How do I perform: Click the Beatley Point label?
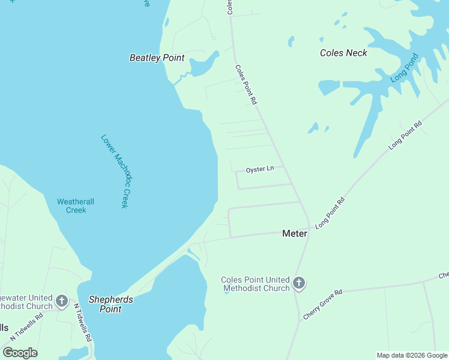(x=157, y=58)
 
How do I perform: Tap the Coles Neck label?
(x=343, y=53)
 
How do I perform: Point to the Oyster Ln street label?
(x=260, y=169)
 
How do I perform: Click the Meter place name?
(x=295, y=233)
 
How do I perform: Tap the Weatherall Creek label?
(x=76, y=206)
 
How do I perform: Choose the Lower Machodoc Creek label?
(x=115, y=171)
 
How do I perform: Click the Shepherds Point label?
(x=111, y=304)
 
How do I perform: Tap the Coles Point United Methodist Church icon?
(x=299, y=283)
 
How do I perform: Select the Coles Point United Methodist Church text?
(x=255, y=284)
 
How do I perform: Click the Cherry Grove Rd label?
(x=322, y=304)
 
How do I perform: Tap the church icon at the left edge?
(x=61, y=300)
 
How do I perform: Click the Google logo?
(x=20, y=353)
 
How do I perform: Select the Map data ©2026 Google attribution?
(x=412, y=355)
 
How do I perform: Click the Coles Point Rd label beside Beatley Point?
(x=246, y=85)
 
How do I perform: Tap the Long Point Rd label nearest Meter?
(x=330, y=212)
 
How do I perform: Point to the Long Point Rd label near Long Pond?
(x=405, y=135)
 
